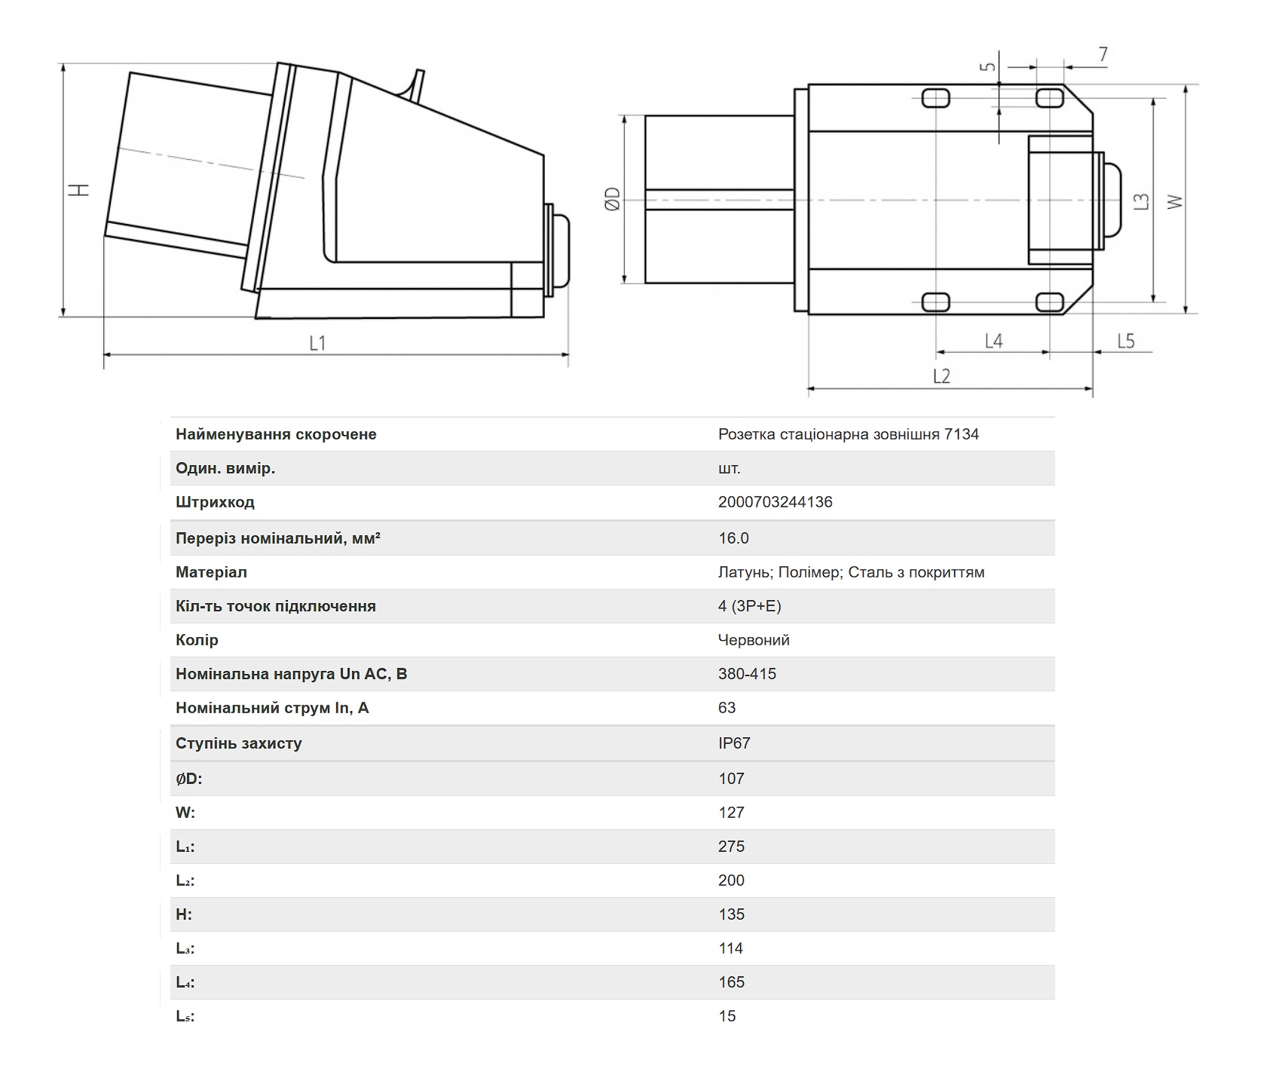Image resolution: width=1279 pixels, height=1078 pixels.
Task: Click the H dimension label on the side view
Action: [x=79, y=189]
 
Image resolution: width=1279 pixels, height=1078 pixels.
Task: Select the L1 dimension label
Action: [x=317, y=343]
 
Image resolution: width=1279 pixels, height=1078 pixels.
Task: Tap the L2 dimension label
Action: [x=941, y=375]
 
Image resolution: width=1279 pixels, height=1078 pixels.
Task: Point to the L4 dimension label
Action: [x=993, y=341]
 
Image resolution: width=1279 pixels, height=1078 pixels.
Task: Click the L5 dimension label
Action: [x=1125, y=341]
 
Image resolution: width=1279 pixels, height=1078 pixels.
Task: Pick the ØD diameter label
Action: [x=612, y=199]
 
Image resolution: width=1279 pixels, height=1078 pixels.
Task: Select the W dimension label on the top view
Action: [x=1174, y=202]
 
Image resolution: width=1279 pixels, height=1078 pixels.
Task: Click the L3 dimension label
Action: [x=1142, y=201]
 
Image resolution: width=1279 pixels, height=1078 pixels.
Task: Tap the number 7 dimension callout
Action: [x=1103, y=54]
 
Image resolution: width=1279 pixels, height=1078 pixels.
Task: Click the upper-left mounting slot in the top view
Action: [x=935, y=97]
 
